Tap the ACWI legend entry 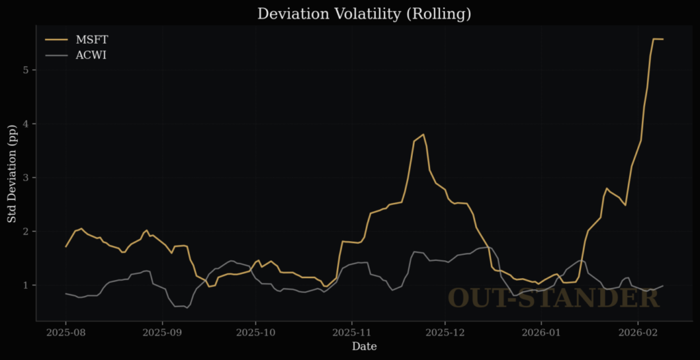[90, 55]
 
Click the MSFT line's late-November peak [424, 135]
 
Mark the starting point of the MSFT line [66, 247]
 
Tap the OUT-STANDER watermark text [554, 299]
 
